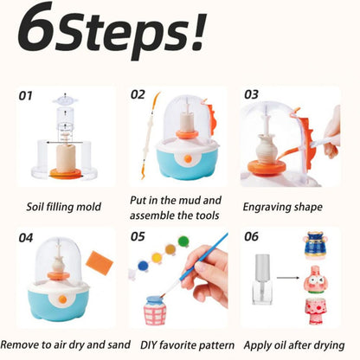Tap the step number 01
[x=30, y=96]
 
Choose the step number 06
[x=251, y=236]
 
